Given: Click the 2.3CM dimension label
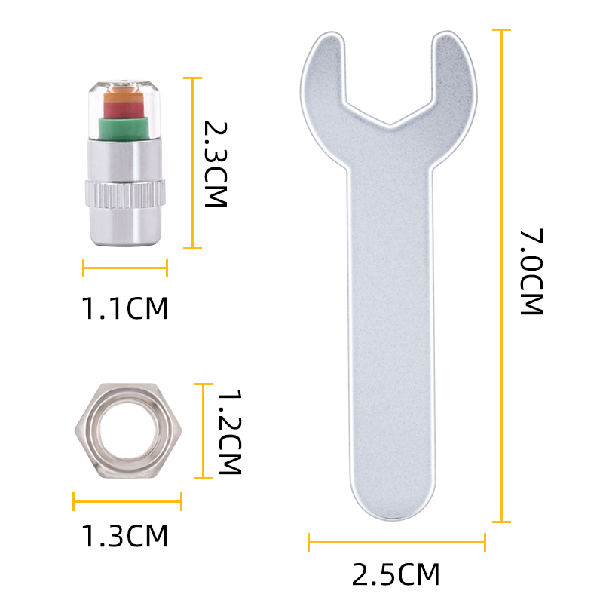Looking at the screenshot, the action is (x=216, y=164).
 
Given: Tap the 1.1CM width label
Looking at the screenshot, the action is (x=125, y=308).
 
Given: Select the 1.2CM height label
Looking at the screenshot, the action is (x=230, y=431).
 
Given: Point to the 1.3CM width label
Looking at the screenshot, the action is (x=125, y=536).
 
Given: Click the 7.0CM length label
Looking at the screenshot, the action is (x=531, y=272).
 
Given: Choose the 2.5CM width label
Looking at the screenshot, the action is (x=396, y=574).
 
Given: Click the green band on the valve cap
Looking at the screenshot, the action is (x=123, y=128).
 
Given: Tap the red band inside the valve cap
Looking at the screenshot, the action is (x=124, y=109).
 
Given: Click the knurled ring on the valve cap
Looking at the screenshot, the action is (x=125, y=194).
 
